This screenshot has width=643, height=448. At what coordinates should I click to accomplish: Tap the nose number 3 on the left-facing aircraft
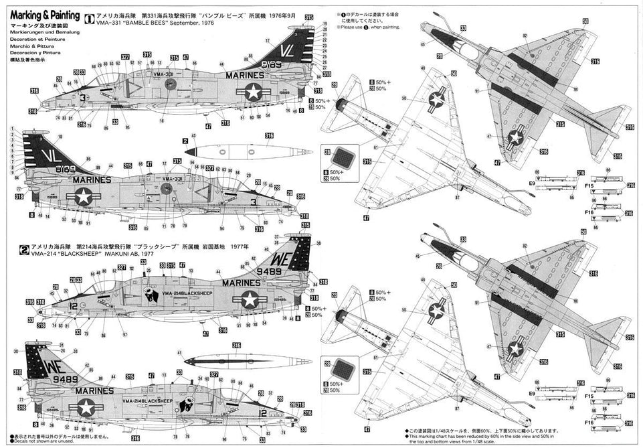coord(82,97)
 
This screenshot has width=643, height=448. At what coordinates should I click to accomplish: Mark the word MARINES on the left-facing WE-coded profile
coord(234,283)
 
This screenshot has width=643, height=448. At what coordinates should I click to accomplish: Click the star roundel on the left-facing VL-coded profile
coord(254,92)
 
